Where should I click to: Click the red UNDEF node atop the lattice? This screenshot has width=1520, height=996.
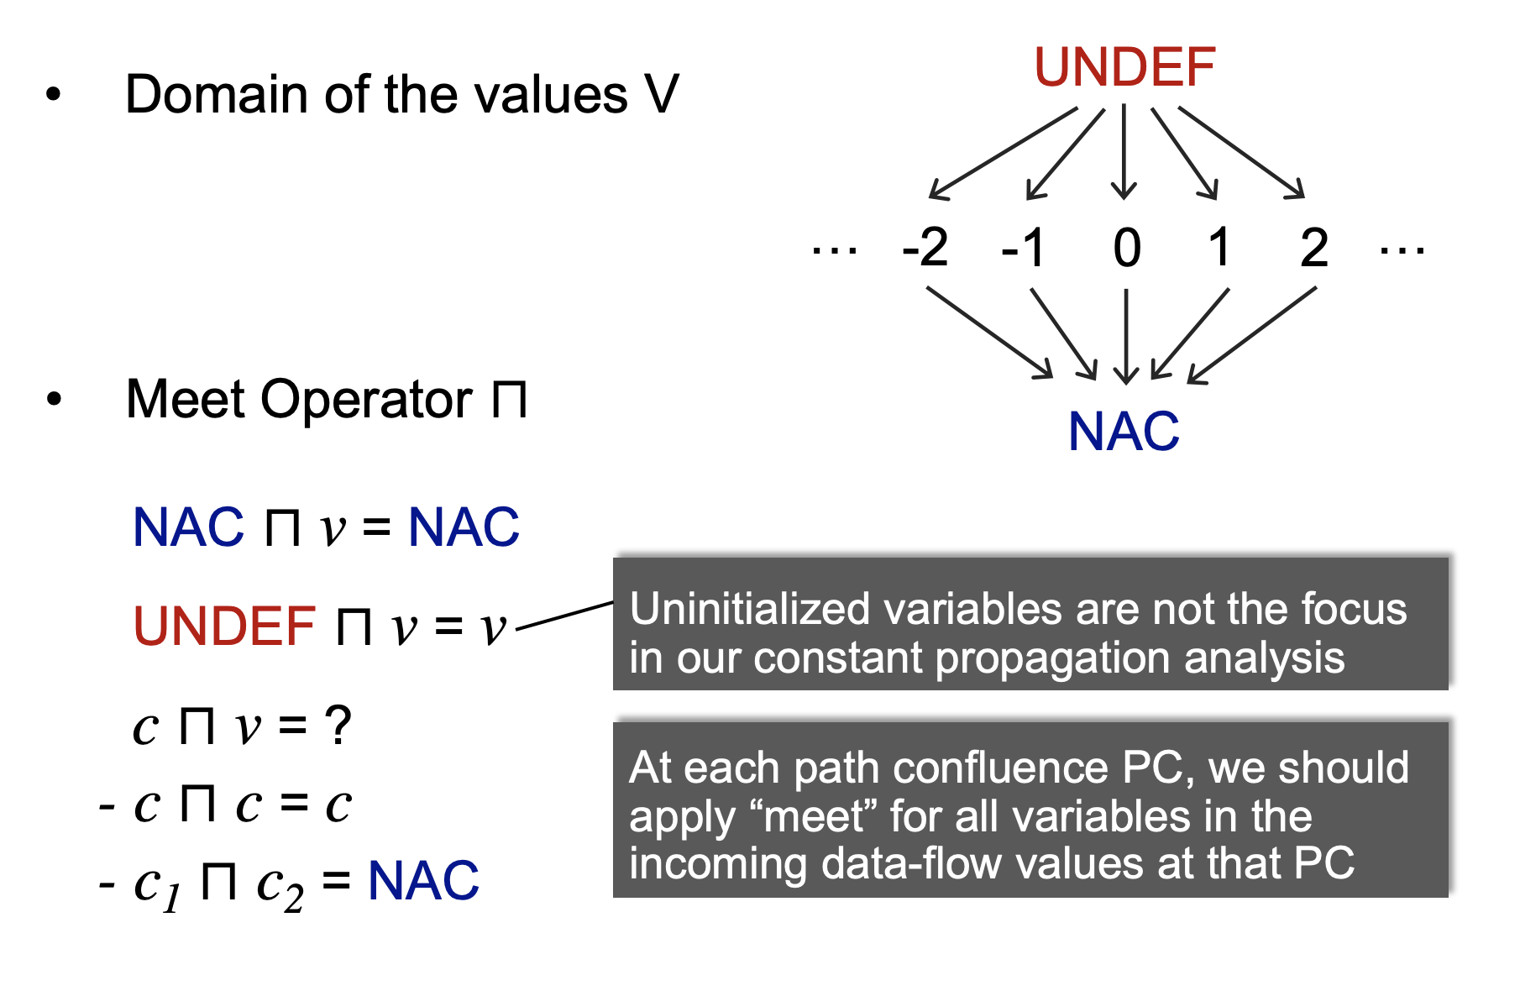coord(1124,68)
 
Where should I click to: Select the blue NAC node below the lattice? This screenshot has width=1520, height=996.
coord(1124,432)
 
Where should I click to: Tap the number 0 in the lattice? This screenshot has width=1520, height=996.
coord(1126,249)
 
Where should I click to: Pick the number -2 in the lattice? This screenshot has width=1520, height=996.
coord(925,249)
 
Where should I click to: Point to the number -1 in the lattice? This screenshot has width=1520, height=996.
coord(1024,249)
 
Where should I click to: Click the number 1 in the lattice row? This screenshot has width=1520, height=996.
coord(1219,249)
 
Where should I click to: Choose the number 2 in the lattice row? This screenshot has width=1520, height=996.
coord(1313,249)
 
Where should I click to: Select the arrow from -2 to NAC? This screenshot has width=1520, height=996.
coord(989,333)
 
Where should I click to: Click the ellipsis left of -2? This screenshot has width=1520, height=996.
coord(834,249)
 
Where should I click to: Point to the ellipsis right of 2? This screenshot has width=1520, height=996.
coord(1402,249)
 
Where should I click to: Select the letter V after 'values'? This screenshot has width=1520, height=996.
coord(661,94)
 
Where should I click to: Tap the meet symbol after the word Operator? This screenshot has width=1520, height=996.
coord(510,399)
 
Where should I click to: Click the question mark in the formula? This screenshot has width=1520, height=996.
coord(338,725)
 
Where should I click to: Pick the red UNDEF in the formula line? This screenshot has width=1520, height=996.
coord(224,626)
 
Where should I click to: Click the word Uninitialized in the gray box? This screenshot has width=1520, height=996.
coord(749,609)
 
